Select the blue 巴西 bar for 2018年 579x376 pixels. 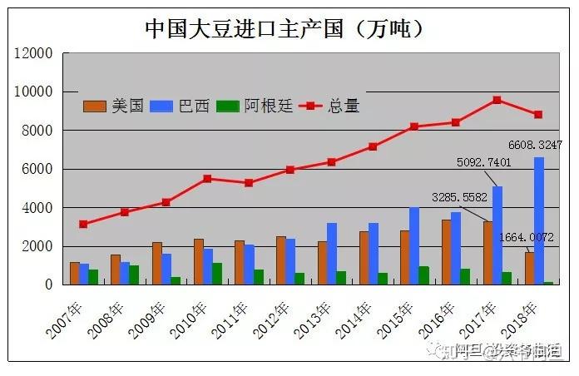pyautogui.click(x=539, y=220)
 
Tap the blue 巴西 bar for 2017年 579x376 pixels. pyautogui.click(x=497, y=235)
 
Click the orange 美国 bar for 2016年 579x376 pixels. pyautogui.click(x=447, y=252)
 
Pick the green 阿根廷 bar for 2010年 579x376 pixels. pyautogui.click(x=217, y=274)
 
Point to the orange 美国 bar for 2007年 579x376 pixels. pyautogui.click(x=75, y=273)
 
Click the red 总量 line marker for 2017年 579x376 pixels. pyautogui.click(x=497, y=100)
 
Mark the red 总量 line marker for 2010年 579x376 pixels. pyautogui.click(x=208, y=178)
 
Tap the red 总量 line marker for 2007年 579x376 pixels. pyautogui.click(x=83, y=224)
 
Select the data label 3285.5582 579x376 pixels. pyautogui.click(x=459, y=197)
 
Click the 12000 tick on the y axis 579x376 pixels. pyautogui.click(x=35, y=53)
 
